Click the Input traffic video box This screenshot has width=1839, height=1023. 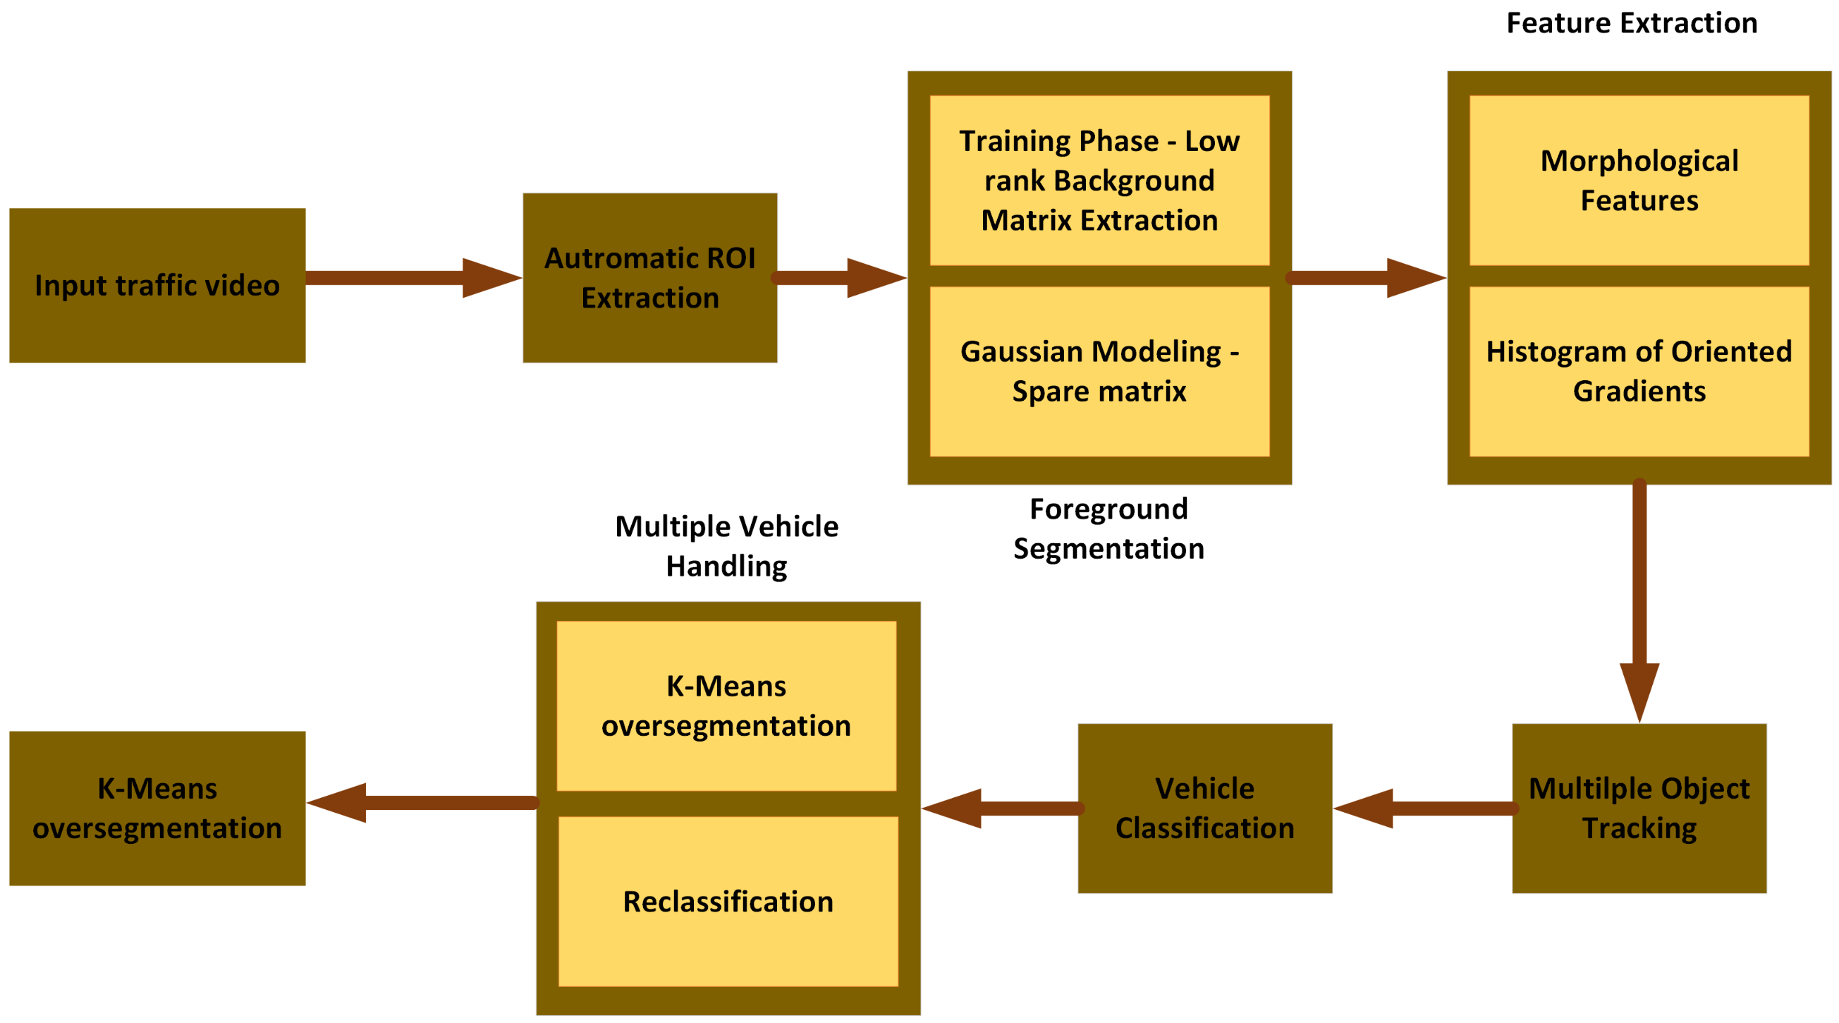[x=157, y=285]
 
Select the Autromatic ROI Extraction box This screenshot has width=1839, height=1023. [x=649, y=277]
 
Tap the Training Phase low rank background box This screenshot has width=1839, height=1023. [x=1099, y=180]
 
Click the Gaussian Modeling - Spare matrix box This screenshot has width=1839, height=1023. [x=1099, y=371]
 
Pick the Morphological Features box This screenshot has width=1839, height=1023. [x=1639, y=180]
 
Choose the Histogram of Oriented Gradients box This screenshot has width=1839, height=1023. [x=1639, y=371]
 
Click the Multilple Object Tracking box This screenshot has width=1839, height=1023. [x=1639, y=808]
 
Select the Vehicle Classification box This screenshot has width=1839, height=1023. [x=1204, y=808]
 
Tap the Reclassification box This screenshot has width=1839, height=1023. [x=728, y=901]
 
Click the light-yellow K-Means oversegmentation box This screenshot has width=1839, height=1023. [x=726, y=705]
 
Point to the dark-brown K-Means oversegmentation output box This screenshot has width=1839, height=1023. [x=157, y=808]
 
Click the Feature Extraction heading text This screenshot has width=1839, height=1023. [x=1631, y=23]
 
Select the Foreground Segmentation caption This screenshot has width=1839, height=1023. [x=1108, y=528]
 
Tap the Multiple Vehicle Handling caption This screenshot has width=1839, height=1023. [x=726, y=546]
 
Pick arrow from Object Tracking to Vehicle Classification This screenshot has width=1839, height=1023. [x=1424, y=808]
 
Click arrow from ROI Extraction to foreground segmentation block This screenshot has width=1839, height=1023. [x=841, y=277]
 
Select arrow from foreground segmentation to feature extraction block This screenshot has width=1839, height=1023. [x=1367, y=277]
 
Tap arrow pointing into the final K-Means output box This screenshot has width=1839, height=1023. [x=421, y=802]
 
